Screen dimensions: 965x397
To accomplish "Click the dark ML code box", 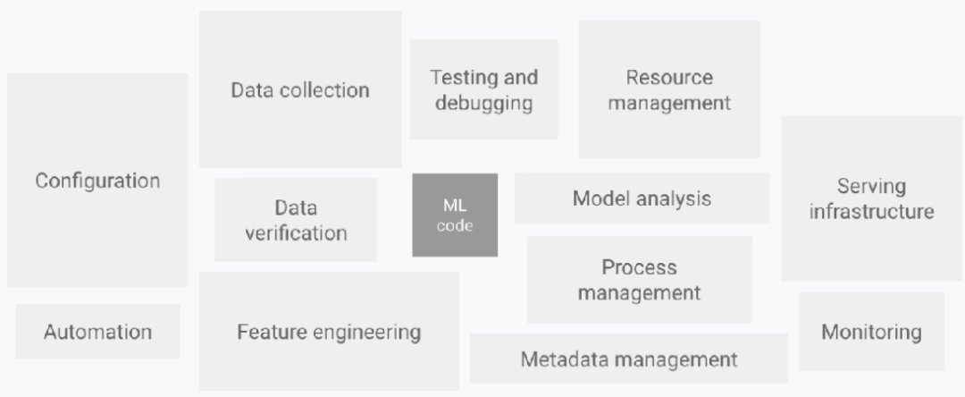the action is coord(455,215).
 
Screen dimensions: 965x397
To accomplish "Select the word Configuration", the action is coord(97,181).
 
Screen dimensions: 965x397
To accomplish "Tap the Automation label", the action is coord(97,333).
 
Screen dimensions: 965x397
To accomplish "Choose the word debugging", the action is coord(483,103).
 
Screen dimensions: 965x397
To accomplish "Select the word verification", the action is coord(296,233).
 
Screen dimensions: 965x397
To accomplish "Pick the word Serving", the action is coord(871,187).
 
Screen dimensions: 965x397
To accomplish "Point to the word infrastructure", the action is coord(871,212).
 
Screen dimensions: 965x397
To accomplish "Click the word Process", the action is coord(639,267).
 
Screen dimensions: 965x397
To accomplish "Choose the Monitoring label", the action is coord(871,333).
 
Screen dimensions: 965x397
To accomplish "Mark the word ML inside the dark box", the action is coord(455,206).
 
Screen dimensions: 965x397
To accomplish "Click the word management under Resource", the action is coord(669,103).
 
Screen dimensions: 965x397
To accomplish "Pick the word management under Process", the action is coord(639,292).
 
